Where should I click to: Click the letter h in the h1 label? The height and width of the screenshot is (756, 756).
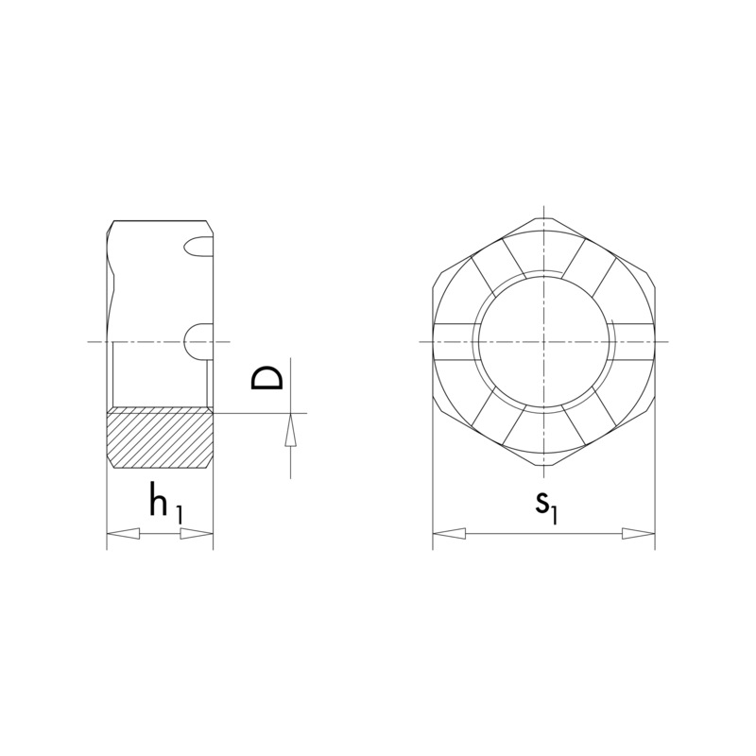coord(159,501)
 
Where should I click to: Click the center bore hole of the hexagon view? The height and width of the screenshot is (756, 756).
coord(544,341)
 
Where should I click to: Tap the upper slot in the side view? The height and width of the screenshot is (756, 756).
coord(198,247)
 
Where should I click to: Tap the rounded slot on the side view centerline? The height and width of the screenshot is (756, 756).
coord(198,340)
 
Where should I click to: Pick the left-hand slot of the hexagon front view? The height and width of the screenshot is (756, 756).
coord(455,341)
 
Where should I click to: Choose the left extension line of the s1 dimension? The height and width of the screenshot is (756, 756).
coord(433,491)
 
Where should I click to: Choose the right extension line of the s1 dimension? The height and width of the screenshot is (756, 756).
coord(655,491)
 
